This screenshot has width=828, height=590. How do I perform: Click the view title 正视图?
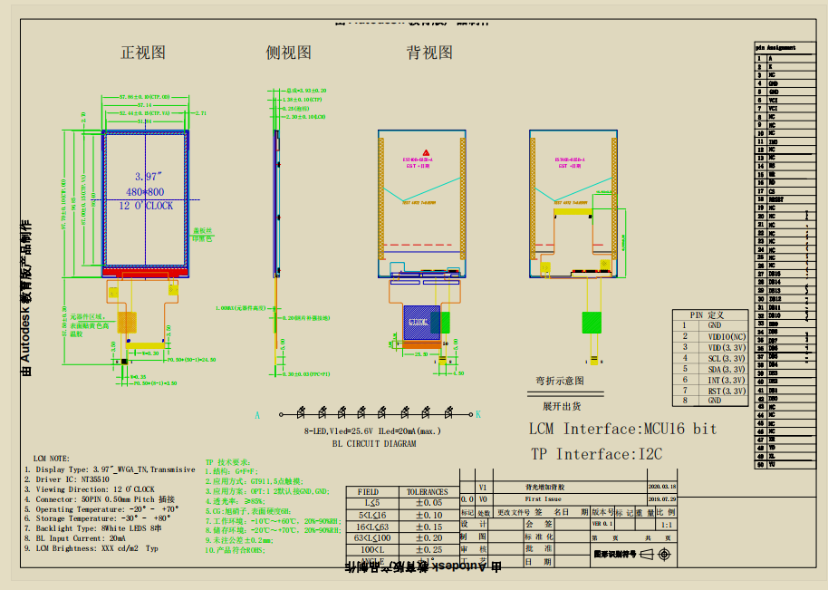click(x=143, y=53)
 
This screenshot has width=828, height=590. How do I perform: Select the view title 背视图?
click(x=429, y=53)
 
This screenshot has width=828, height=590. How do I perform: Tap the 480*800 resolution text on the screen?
click(x=144, y=191)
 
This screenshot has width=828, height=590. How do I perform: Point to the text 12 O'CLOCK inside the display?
click(x=146, y=206)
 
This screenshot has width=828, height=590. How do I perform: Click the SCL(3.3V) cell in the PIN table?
click(x=727, y=358)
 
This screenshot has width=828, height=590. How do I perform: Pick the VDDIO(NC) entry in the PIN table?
click(x=727, y=336)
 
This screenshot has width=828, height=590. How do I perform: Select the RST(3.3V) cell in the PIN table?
click(x=727, y=391)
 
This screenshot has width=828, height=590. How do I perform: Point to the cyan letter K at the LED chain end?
click(x=478, y=414)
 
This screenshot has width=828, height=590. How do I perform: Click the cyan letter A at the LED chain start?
click(x=257, y=414)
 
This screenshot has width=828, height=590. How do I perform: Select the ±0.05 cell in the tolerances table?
click(x=428, y=502)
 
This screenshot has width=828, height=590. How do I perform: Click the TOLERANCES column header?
click(x=427, y=491)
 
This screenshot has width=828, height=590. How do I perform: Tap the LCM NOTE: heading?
click(x=51, y=459)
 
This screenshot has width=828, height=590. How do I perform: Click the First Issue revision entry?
click(x=544, y=498)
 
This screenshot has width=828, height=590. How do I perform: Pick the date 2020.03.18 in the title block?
click(x=661, y=487)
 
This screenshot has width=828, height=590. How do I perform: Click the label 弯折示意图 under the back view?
click(x=559, y=382)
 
